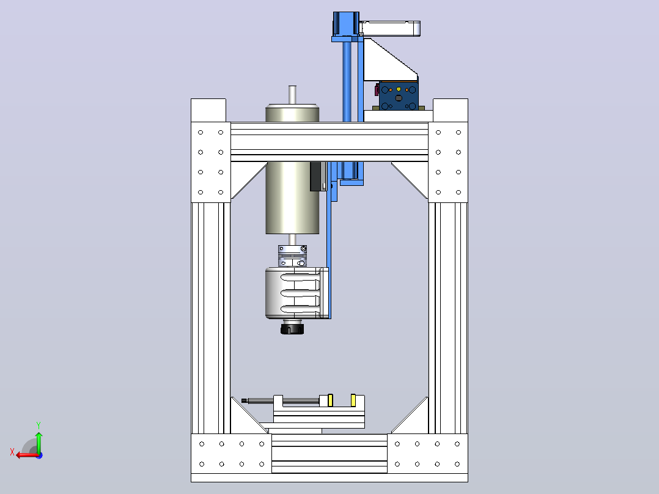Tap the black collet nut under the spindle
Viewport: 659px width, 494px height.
click(292, 328)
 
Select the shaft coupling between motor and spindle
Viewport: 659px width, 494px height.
click(292, 256)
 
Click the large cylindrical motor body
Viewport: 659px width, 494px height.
click(292, 169)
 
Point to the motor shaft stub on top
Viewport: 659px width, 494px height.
click(292, 95)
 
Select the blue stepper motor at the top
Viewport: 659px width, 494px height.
click(346, 24)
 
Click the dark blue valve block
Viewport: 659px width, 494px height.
click(399, 96)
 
